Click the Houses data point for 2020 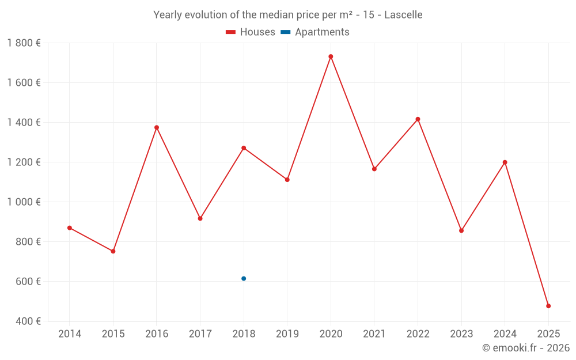[x=331, y=56]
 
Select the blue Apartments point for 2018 [x=244, y=279]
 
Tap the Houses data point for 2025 [x=548, y=306]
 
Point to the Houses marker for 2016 [x=157, y=127]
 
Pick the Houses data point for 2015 [x=113, y=251]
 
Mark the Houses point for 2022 [x=418, y=119]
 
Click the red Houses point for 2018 [x=244, y=148]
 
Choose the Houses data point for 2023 [x=461, y=230]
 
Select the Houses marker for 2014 [x=70, y=228]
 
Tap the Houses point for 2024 [x=505, y=162]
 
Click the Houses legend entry [x=251, y=32]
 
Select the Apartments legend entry [x=316, y=32]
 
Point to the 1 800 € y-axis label [x=24, y=43]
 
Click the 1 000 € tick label [x=24, y=202]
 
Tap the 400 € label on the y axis [x=28, y=321]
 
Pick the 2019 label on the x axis [x=287, y=334]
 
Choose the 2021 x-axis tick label [x=374, y=334]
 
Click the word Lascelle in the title [x=403, y=15]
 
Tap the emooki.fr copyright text [x=525, y=348]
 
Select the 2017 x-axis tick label [x=200, y=334]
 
